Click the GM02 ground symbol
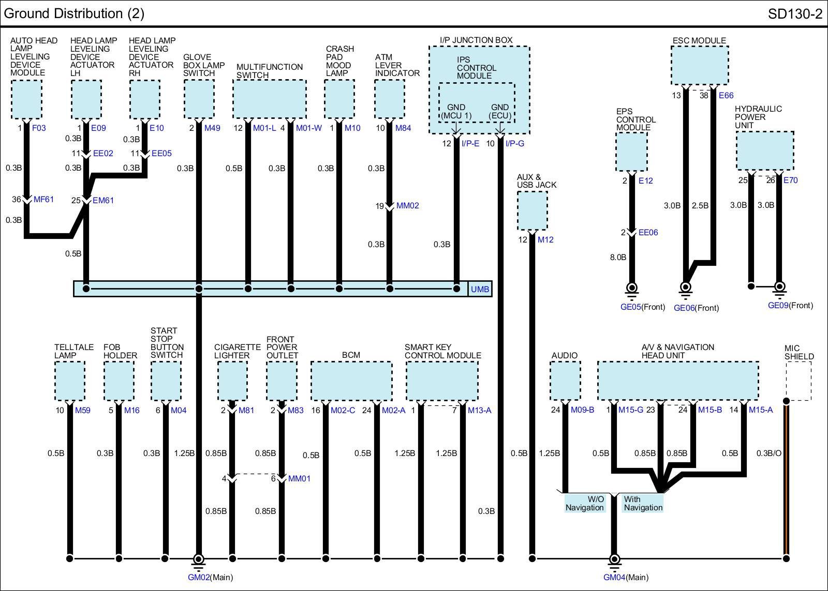(198, 559)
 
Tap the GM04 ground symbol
(614, 559)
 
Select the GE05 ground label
(630, 307)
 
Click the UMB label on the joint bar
(480, 289)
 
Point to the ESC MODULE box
(700, 65)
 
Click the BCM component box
(351, 381)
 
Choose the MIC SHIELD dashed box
(798, 381)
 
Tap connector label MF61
(43, 200)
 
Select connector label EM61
(103, 201)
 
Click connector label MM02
(407, 206)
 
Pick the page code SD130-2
(795, 14)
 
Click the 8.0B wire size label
(618, 257)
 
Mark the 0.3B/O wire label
(769, 453)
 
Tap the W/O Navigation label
(585, 504)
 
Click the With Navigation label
(643, 504)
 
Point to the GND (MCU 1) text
(456, 112)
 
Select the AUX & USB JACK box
(532, 210)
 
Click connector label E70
(790, 180)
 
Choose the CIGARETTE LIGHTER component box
(232, 381)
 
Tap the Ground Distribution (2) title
(74, 13)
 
